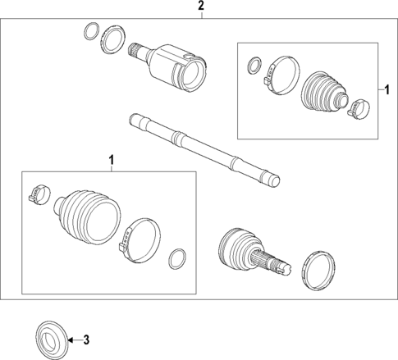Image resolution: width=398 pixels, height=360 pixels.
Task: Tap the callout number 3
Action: (x=88, y=339)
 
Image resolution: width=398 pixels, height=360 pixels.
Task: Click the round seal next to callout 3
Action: (x=51, y=338)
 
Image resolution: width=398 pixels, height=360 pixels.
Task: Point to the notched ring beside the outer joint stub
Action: (x=318, y=269)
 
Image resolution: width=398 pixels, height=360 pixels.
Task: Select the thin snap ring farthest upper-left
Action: (x=89, y=33)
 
